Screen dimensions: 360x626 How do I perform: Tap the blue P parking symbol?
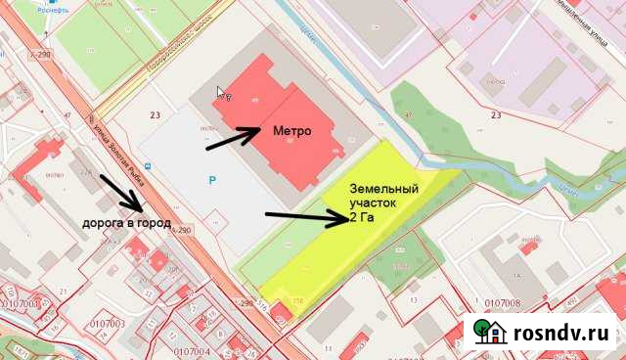click(212, 181)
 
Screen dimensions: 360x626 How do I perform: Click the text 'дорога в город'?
click(126, 223)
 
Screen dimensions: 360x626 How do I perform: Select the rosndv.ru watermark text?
click(559, 334)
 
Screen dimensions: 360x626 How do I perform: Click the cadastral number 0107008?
click(503, 303)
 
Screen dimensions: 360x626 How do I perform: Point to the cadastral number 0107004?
click(191, 350)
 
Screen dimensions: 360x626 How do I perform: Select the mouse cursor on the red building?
click(222, 94)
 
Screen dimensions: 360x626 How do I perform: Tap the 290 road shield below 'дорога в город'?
click(182, 230)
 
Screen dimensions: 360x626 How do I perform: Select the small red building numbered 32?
click(280, 314)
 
